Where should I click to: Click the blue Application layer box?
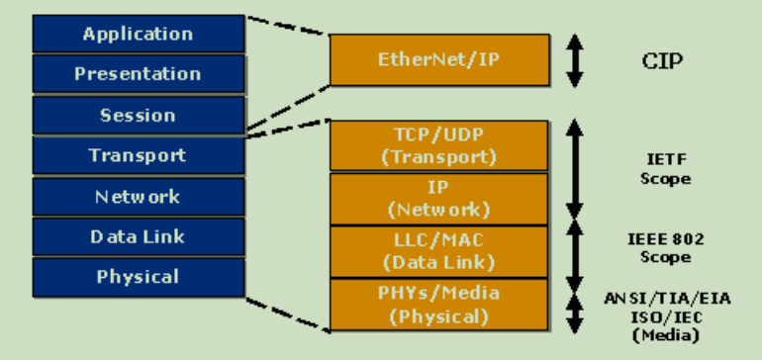(138, 34)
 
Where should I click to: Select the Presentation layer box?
(138, 74)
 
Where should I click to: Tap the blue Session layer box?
(138, 115)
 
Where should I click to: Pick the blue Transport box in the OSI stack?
(138, 155)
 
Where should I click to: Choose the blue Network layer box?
(138, 197)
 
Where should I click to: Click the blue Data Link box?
(138, 237)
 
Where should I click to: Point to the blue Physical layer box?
(138, 277)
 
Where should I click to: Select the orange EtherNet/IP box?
(439, 59)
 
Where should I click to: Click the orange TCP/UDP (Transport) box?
(439, 146)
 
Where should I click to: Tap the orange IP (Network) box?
(439, 199)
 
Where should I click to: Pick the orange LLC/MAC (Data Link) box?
(439, 251)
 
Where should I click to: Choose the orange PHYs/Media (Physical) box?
(439, 304)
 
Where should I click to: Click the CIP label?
(663, 61)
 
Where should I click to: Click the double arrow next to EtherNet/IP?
(575, 61)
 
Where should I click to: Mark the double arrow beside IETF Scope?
(575, 169)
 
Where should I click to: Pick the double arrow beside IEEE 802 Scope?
(575, 252)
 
